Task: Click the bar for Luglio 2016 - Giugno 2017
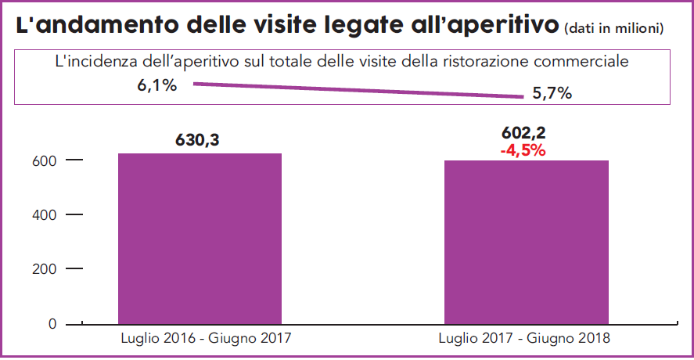tap(200, 238)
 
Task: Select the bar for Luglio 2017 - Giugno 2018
tap(526, 242)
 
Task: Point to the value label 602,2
tap(523, 133)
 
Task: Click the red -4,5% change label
tap(522, 150)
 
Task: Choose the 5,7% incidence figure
tap(552, 94)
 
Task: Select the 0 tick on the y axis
tap(52, 323)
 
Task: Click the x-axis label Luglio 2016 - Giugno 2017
tap(199, 339)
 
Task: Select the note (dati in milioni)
tap(613, 28)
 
